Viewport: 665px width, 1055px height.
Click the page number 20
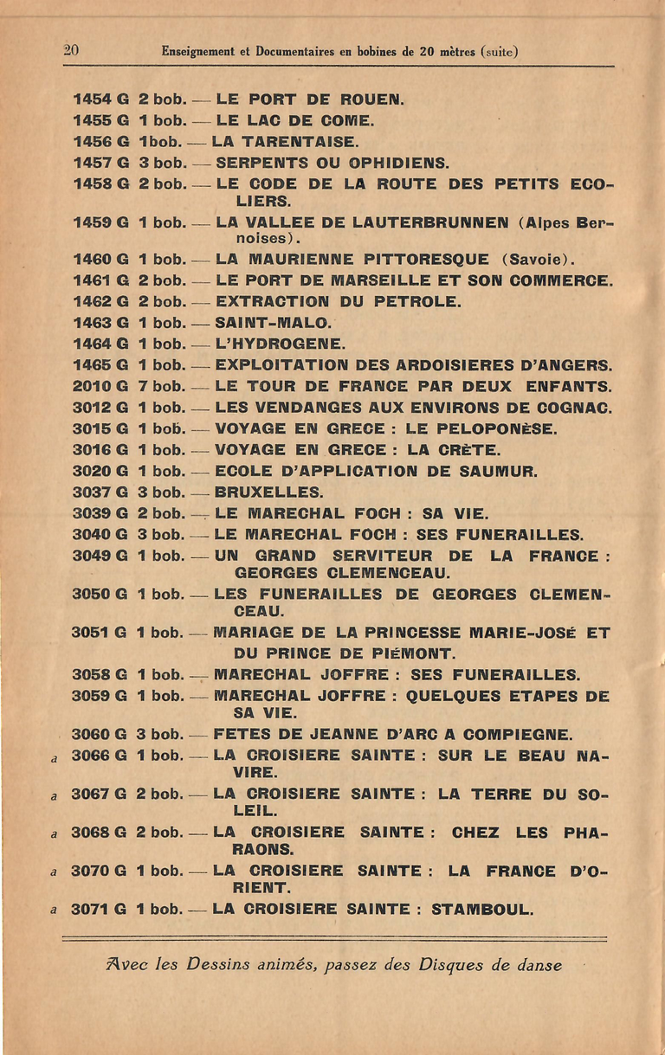(x=71, y=50)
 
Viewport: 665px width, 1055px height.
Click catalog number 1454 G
(x=100, y=100)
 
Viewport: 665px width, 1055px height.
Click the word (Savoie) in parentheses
(x=537, y=260)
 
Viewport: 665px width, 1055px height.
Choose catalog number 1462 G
(x=100, y=302)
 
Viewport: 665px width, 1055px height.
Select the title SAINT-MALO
(x=273, y=323)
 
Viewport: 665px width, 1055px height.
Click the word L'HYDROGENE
(x=280, y=344)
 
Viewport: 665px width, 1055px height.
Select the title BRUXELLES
(x=268, y=492)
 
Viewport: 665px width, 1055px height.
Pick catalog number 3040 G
(x=100, y=535)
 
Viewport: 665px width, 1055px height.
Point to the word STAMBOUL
(x=482, y=909)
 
